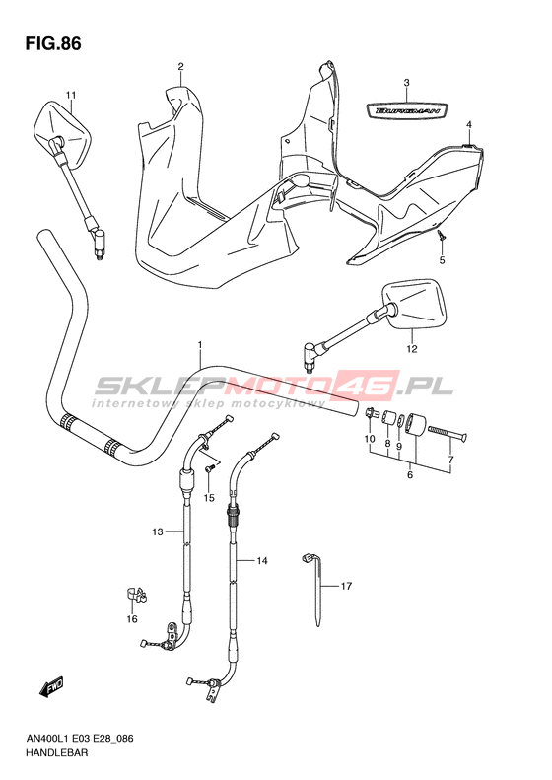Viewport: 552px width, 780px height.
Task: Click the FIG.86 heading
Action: pos(53,43)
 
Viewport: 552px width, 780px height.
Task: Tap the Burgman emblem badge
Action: pos(407,110)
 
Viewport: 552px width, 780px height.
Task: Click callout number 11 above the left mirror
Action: pos(71,95)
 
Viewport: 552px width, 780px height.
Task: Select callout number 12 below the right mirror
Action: pos(412,349)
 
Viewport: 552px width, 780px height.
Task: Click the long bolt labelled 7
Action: pos(447,433)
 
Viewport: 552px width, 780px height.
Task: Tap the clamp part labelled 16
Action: pos(135,594)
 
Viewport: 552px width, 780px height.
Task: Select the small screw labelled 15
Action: pos(211,468)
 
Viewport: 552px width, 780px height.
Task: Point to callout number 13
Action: pos(158,532)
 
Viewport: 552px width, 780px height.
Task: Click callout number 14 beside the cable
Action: pos(262,561)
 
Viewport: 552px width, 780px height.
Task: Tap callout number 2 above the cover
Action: pos(181,66)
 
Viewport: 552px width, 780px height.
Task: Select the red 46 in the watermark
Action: pos(373,386)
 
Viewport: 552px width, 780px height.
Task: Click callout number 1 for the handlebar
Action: pos(200,344)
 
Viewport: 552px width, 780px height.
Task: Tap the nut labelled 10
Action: pos(370,414)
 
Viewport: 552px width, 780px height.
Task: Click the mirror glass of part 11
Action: pos(62,131)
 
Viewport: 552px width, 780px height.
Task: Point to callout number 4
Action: pos(469,124)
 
